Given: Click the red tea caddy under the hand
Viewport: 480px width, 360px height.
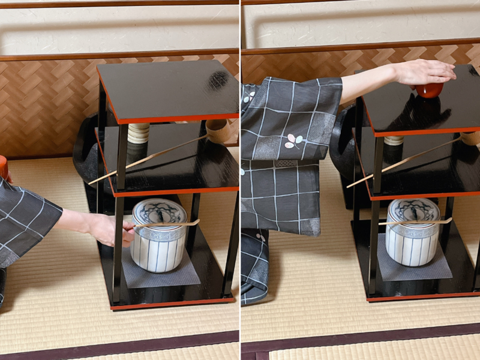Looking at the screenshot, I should (429, 90).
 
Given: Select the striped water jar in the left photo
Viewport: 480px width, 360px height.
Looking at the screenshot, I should (159, 237).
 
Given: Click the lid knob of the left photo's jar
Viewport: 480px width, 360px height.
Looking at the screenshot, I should (160, 211).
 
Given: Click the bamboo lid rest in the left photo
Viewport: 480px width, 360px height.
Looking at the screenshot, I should (139, 133).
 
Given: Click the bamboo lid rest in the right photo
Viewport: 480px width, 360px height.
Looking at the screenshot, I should (394, 140).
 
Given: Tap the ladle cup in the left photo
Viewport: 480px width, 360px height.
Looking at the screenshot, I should (217, 128).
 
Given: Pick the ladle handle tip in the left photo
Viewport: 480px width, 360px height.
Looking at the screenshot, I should (92, 182).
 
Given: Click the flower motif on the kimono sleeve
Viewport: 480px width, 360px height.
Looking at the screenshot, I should (293, 142).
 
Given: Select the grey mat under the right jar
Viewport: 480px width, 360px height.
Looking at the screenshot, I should (414, 269).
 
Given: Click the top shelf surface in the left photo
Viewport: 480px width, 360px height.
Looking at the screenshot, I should (168, 90).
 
